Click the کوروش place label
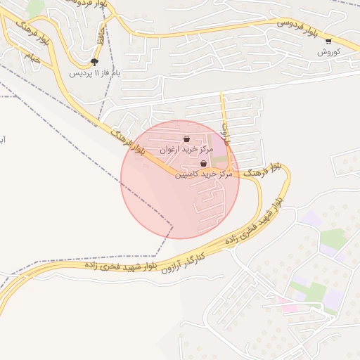[x=328, y=52]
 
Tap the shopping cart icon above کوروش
[x=328, y=41]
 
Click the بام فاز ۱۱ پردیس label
[x=96, y=72]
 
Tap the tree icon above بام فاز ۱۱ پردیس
[x=95, y=62]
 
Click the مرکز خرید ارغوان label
[x=186, y=150]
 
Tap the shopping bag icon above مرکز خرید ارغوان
[x=186, y=139]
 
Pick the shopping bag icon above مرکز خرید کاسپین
[x=203, y=163]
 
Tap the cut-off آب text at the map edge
[x=3, y=140]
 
